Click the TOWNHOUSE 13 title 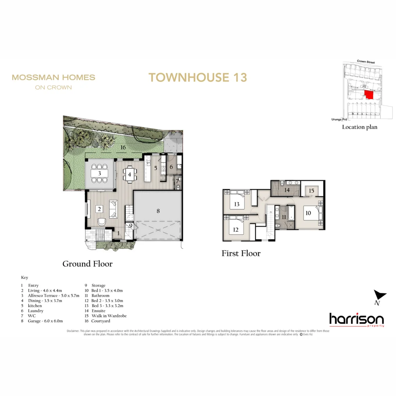198,77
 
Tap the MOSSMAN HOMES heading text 54,77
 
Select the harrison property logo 356,319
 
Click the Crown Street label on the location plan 366,62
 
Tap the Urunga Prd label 337,119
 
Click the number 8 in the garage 158,211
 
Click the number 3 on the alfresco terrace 99,173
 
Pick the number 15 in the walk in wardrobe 311,191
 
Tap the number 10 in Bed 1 308,213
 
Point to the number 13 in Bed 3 237,204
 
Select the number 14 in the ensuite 287,190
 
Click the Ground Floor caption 87,264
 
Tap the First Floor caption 241,253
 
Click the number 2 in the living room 99,209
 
